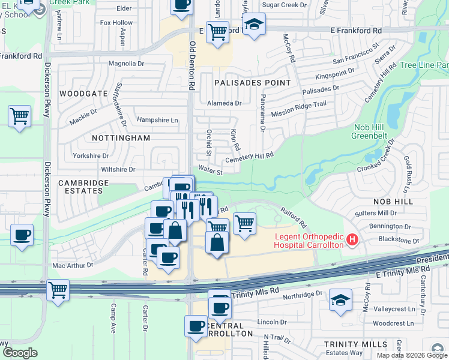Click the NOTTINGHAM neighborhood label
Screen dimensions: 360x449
(x=121, y=138)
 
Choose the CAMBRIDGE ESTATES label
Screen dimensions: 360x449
(x=83, y=187)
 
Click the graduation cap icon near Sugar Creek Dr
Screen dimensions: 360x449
(x=255, y=25)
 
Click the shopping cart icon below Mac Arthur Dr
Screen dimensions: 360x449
(x=58, y=290)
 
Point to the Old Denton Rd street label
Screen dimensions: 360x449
(x=192, y=66)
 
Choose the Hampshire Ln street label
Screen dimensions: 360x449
(x=158, y=120)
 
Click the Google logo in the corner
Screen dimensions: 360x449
(x=20, y=353)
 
